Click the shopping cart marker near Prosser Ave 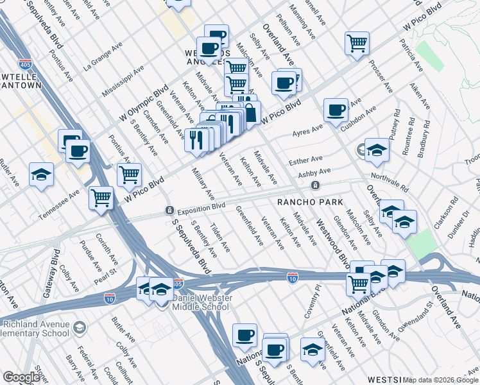[357, 44]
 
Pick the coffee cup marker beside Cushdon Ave [336, 110]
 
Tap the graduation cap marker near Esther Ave [377, 150]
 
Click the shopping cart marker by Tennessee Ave [101, 198]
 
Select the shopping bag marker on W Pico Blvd [249, 113]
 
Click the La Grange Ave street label [102, 58]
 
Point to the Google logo [21, 377]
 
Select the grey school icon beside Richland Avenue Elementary [79, 329]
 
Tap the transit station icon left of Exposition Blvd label [169, 210]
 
